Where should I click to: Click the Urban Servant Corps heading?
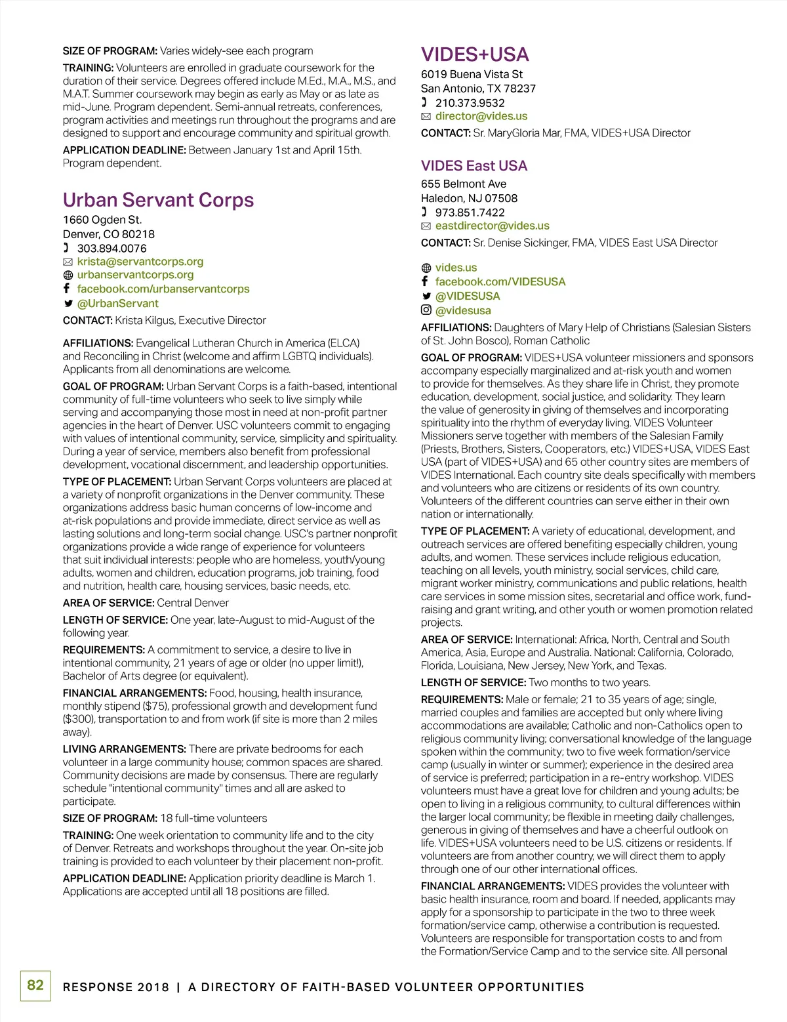[x=158, y=200]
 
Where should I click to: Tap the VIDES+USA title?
[x=475, y=54]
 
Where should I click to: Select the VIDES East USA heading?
[x=474, y=166]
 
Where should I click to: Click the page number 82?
[x=35, y=985]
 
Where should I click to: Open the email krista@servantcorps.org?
[x=140, y=262]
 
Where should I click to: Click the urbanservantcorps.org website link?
[x=135, y=275]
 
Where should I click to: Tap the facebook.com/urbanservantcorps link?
[x=163, y=289]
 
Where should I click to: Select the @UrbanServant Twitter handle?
[x=117, y=303]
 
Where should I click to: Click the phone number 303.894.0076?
[x=111, y=249]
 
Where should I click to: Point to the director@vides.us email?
[x=481, y=116]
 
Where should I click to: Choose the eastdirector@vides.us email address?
[x=493, y=226]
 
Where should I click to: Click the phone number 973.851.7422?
[x=470, y=213]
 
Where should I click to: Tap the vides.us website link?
[x=456, y=268]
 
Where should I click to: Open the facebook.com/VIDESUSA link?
[x=500, y=281]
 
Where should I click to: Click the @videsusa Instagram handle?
[x=463, y=310]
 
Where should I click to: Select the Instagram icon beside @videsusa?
[x=426, y=310]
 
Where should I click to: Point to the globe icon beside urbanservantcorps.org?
[x=68, y=275]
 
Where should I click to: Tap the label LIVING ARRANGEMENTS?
[x=125, y=749]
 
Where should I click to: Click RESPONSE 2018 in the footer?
[x=115, y=987]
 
